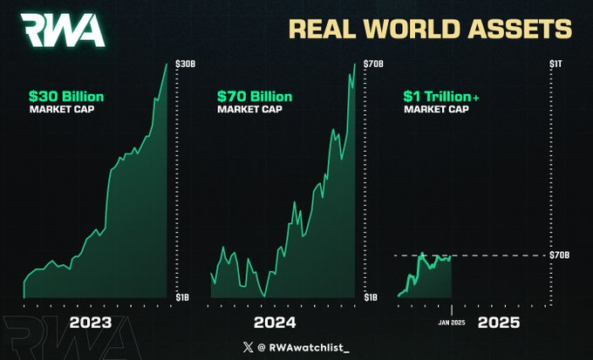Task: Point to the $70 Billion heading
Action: tap(255, 96)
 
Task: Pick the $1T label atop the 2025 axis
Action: tap(556, 64)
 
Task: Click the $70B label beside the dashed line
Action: tap(560, 255)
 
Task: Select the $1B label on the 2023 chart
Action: tap(183, 297)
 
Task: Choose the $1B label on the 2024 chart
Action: tap(371, 297)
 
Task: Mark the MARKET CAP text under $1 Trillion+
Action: tap(434, 110)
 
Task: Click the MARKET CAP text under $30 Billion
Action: tap(60, 110)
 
